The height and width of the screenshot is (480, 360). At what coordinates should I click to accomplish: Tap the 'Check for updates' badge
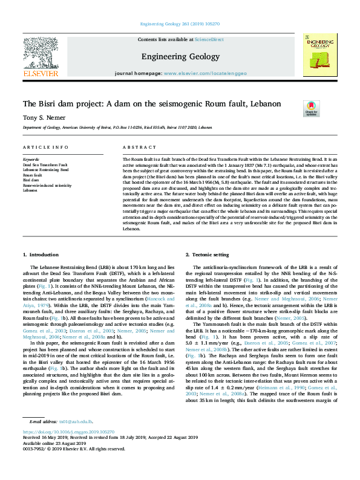[x=311, y=108]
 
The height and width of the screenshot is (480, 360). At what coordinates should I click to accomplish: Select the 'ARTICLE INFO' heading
[x=45, y=147]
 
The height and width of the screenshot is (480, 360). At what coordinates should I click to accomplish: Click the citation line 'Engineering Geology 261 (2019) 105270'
[x=180, y=24]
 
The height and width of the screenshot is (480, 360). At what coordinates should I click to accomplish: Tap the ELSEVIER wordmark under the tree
[x=41, y=73]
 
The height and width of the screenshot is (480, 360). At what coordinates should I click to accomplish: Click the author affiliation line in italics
[x=117, y=128]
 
